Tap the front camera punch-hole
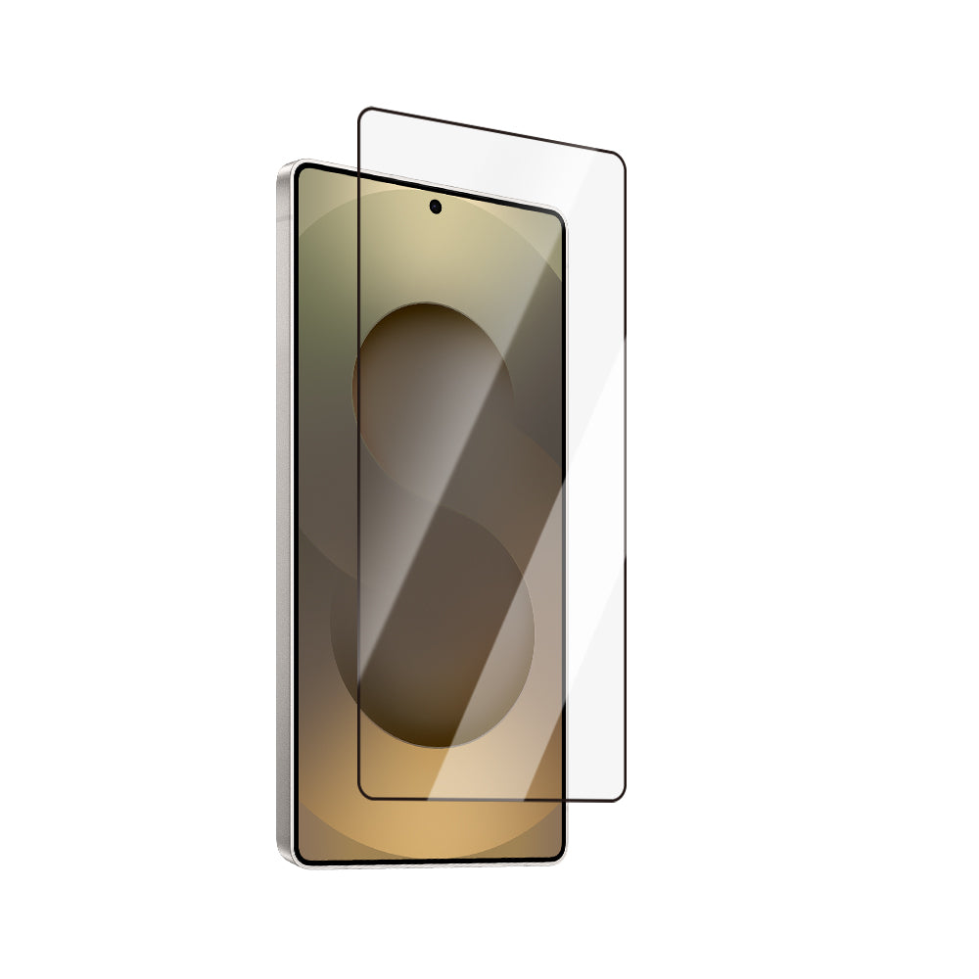(435, 207)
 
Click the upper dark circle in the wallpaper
(431, 382)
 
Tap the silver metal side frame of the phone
(284, 509)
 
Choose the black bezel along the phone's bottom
(431, 862)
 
